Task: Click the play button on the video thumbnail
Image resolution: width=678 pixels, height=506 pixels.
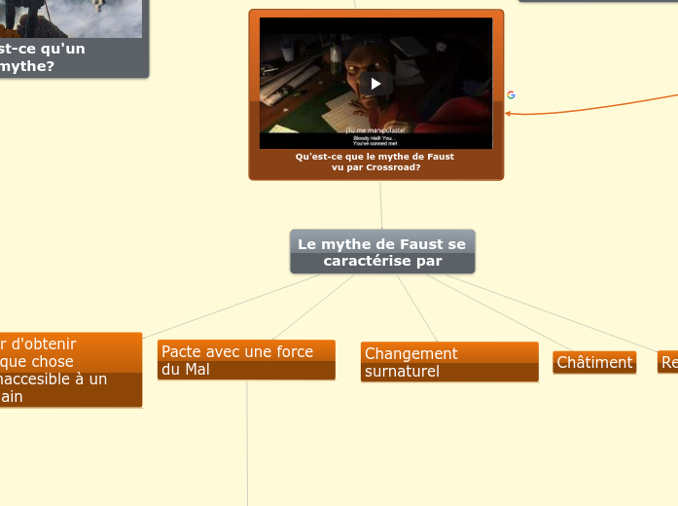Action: click(x=375, y=84)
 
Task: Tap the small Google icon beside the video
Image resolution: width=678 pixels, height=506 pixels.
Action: click(x=511, y=95)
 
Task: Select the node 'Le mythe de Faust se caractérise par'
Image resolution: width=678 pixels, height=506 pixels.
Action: click(x=382, y=252)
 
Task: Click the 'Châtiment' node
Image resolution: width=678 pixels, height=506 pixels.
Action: click(x=594, y=362)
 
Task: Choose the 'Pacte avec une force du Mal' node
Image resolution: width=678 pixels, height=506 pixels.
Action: click(x=246, y=360)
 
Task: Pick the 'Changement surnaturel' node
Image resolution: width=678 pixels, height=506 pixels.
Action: click(x=448, y=362)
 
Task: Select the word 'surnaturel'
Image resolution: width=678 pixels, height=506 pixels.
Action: click(x=402, y=372)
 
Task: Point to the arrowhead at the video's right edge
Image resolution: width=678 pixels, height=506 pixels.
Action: click(x=508, y=113)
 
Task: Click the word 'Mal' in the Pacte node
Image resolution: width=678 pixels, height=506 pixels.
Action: click(x=197, y=370)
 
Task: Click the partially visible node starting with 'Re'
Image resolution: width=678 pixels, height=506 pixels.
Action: click(x=668, y=362)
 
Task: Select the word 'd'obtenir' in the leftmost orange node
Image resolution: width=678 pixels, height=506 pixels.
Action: click(x=43, y=343)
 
